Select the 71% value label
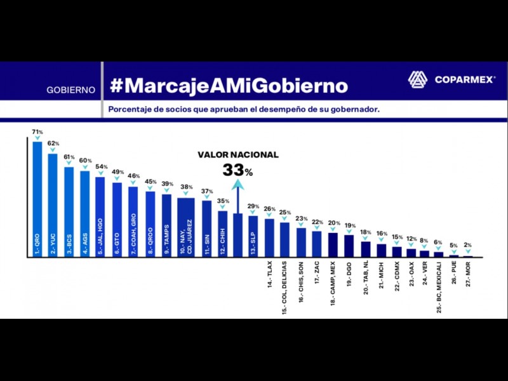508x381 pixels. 37,132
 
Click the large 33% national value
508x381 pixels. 237,170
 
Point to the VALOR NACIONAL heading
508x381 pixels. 237,155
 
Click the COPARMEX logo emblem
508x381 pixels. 418,80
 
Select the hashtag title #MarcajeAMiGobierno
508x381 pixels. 229,85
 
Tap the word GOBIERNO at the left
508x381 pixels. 71,90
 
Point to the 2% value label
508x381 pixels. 468,244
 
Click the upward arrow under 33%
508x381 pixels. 237,197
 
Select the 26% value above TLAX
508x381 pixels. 269,209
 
